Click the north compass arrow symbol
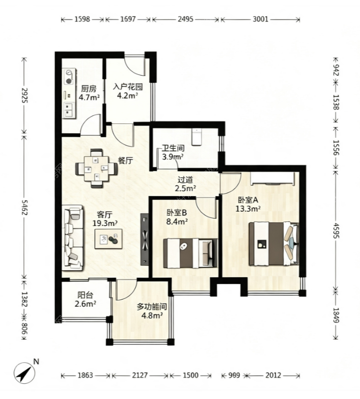24,373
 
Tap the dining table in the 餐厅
97,168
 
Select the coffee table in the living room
109,239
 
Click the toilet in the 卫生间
197,137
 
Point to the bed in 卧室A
274,244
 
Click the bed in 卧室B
191,253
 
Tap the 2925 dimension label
25,96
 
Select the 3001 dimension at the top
260,19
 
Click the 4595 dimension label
336,231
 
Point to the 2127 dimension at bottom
140,375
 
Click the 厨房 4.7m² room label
89,93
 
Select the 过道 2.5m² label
185,184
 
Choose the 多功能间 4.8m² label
152,311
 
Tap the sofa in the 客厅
73,238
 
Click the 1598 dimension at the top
83,19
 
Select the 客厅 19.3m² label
105,219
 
